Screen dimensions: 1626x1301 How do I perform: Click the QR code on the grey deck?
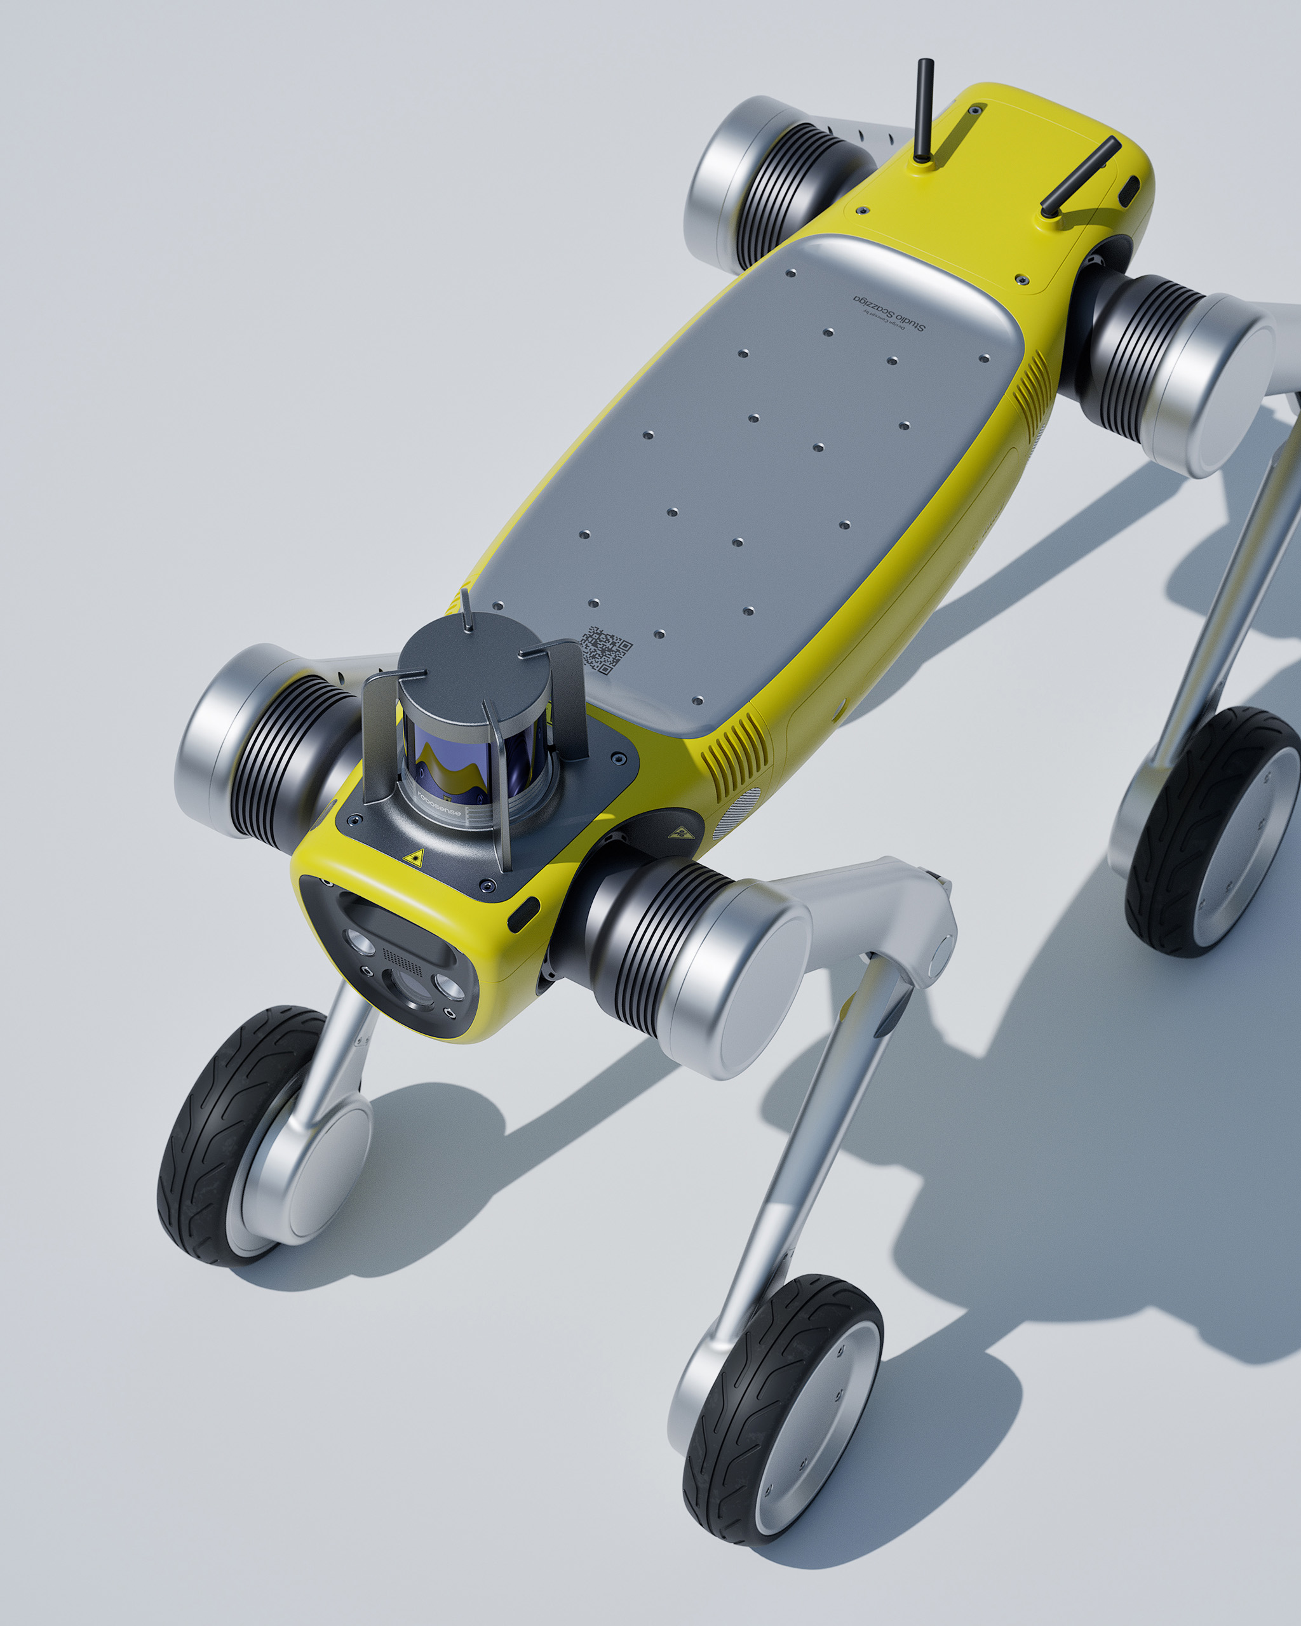pos(605,648)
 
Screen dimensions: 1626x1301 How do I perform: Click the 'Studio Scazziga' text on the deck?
pos(890,313)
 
